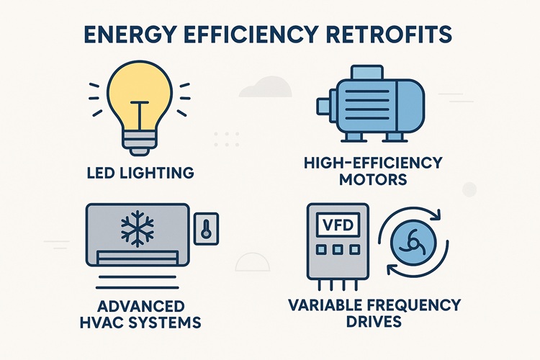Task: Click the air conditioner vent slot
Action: click(x=136, y=255)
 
